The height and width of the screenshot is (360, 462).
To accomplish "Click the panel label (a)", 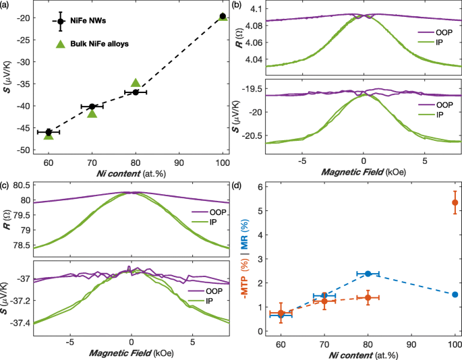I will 6,5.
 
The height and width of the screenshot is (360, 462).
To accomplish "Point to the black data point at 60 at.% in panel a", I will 49,132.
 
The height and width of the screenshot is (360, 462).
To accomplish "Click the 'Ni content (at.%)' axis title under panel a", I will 127,175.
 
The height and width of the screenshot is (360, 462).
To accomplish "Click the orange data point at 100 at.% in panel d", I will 455,202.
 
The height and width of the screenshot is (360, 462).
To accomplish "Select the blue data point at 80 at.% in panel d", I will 368,274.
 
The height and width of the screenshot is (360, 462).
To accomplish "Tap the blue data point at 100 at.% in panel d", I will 455,294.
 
